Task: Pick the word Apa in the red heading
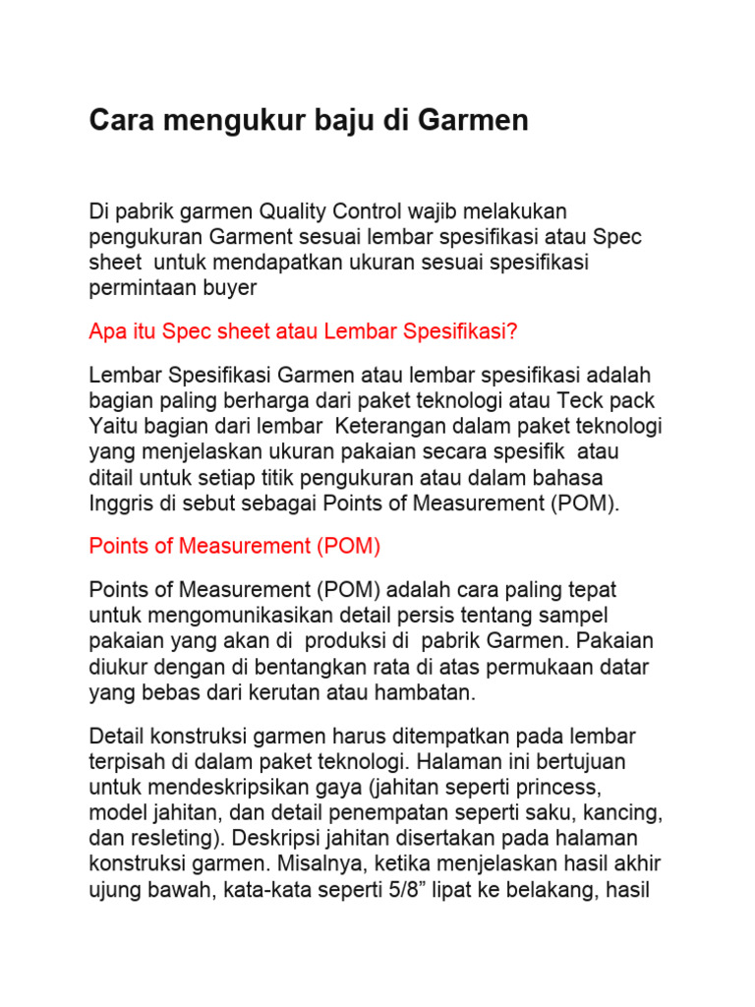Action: [106, 331]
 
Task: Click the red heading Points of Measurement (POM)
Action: [234, 546]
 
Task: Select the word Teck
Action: [583, 401]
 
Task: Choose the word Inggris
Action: [119, 503]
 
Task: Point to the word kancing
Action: [625, 812]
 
